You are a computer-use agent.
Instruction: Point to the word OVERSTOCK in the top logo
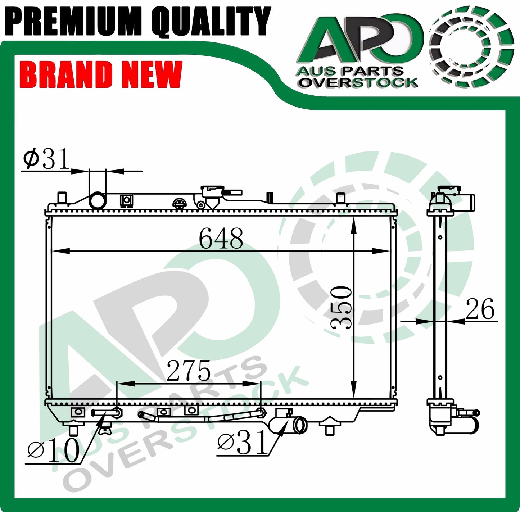(x=358, y=83)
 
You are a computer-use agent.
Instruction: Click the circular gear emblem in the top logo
(x=471, y=47)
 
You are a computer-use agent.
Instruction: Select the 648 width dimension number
(x=221, y=239)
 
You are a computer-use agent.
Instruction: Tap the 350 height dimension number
(x=341, y=308)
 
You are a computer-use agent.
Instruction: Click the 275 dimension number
(x=189, y=371)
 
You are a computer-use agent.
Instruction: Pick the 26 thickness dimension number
(x=480, y=309)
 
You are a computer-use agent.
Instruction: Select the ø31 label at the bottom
(x=243, y=443)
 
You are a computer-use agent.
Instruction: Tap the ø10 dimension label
(x=54, y=450)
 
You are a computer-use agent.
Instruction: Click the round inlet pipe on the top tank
(x=97, y=201)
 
